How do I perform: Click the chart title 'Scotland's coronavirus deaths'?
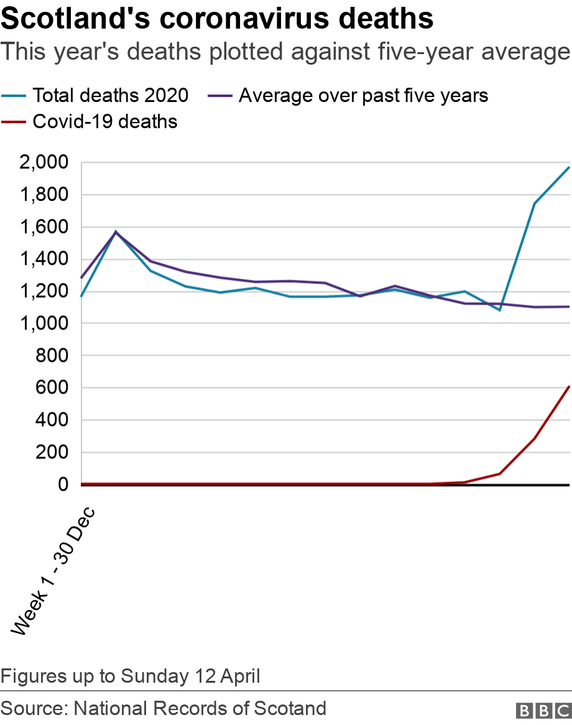coord(217,19)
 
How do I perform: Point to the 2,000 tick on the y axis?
coord(44,162)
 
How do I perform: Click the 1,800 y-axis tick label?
coord(44,195)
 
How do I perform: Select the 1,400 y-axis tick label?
coord(44,259)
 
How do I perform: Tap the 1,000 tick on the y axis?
coord(44,323)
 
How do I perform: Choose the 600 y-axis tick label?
coord(52,387)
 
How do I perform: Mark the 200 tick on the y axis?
coord(52,452)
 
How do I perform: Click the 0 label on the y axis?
coord(63,484)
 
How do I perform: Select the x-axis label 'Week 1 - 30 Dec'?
coord(53,571)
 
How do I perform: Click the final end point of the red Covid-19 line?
coord(570,386)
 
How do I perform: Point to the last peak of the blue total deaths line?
coord(570,167)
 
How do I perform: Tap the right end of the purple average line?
coord(570,307)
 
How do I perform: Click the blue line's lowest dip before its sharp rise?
coord(499,310)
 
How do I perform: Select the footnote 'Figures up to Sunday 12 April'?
coord(131,676)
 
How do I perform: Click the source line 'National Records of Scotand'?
coord(200,708)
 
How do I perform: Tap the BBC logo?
coord(543,711)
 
